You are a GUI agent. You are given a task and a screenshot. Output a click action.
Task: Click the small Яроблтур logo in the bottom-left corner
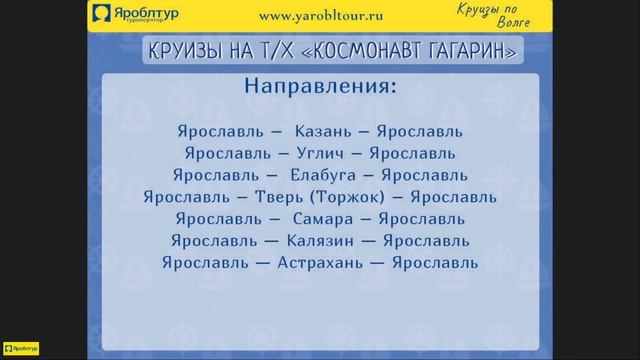pyautogui.click(x=19, y=350)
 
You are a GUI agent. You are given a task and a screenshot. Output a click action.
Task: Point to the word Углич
pyautogui.click(x=320, y=153)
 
